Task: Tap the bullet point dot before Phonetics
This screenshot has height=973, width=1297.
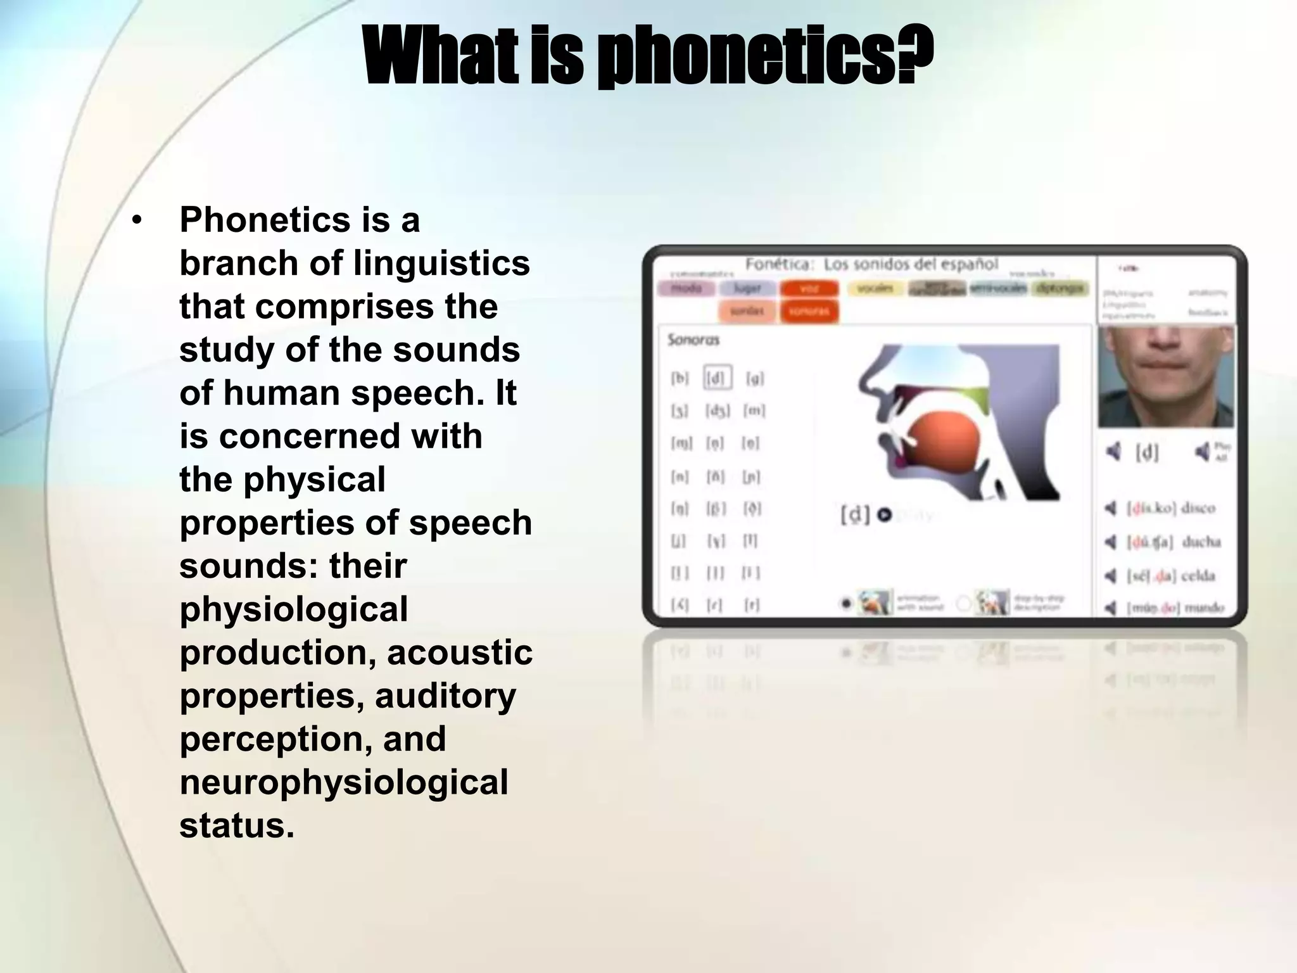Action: [x=137, y=221]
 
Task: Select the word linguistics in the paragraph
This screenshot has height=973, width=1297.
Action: [x=441, y=264]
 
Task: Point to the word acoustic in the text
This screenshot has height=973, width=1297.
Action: [x=460, y=652]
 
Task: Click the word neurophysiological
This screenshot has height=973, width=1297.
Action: [x=344, y=782]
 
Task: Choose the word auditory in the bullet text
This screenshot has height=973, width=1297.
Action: [x=445, y=696]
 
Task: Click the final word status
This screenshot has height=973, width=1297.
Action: [x=237, y=825]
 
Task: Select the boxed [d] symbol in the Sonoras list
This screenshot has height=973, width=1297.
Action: [x=717, y=378]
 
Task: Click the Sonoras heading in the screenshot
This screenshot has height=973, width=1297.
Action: [x=693, y=340]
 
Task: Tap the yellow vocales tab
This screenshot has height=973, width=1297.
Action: [x=875, y=289]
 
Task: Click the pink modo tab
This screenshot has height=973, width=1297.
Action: [x=686, y=289]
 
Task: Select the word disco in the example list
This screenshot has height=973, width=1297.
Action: [x=1198, y=509]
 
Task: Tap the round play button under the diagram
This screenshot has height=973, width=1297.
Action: [x=885, y=516]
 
